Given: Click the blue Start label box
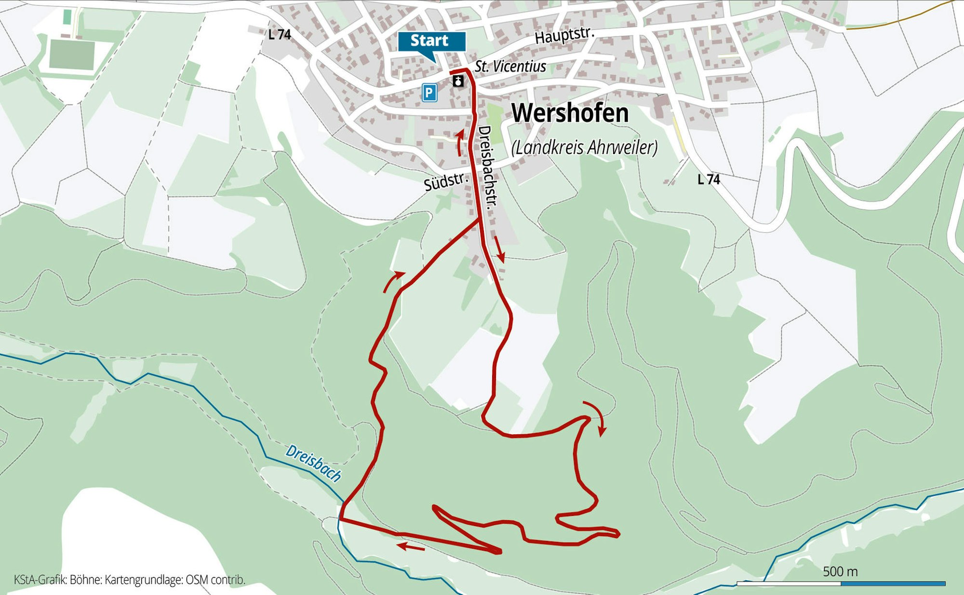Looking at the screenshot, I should (x=431, y=42).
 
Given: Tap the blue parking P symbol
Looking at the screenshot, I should (x=429, y=92).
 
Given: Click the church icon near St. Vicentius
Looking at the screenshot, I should (x=458, y=81).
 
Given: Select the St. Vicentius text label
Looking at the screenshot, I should (x=510, y=66).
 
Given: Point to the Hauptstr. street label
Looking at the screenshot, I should (x=564, y=35).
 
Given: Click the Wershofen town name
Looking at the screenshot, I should (x=570, y=113).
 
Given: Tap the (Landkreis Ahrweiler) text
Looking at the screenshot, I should (x=584, y=147).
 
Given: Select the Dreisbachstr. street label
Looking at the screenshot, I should (x=487, y=166).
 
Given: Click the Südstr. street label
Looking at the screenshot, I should (x=446, y=182).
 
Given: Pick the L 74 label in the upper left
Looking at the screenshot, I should (x=280, y=35).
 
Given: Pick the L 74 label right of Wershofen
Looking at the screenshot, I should (x=709, y=180).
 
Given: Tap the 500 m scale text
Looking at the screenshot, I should (x=840, y=571).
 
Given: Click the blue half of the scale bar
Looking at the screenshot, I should (x=893, y=583).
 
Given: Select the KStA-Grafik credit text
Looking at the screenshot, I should (x=129, y=580).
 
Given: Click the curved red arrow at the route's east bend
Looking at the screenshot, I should (x=597, y=416).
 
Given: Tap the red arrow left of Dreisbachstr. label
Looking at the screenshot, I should (x=460, y=142).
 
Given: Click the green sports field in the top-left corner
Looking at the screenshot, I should (x=72, y=55).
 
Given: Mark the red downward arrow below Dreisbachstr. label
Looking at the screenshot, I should (x=499, y=249).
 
